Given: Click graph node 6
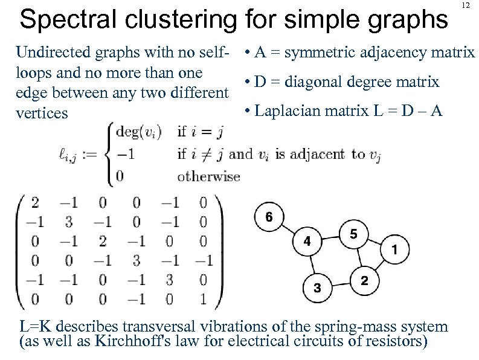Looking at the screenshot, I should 269,217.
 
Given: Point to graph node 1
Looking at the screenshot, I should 394,248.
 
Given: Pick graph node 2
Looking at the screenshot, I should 364,281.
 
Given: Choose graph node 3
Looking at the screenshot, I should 317,288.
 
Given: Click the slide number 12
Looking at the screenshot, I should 466,5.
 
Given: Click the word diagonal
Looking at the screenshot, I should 313,82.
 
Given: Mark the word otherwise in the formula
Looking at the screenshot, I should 208,177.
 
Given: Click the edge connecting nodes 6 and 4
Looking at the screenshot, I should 288,229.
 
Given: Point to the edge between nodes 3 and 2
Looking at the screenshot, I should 340,284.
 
